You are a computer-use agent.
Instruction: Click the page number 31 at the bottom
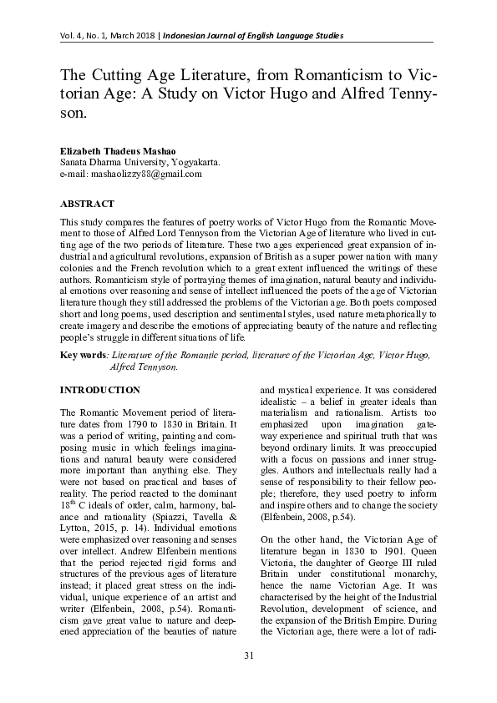pyautogui.click(x=248, y=677)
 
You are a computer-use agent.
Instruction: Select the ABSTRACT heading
pyautogui.click(x=87, y=203)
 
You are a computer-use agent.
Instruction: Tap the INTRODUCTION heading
pyautogui.click(x=99, y=390)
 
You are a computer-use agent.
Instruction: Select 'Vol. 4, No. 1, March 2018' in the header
pyautogui.click(x=108, y=35)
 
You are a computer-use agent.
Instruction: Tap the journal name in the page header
pyautogui.click(x=253, y=35)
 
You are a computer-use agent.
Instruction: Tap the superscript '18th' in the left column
pyautogui.click(x=68, y=495)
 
